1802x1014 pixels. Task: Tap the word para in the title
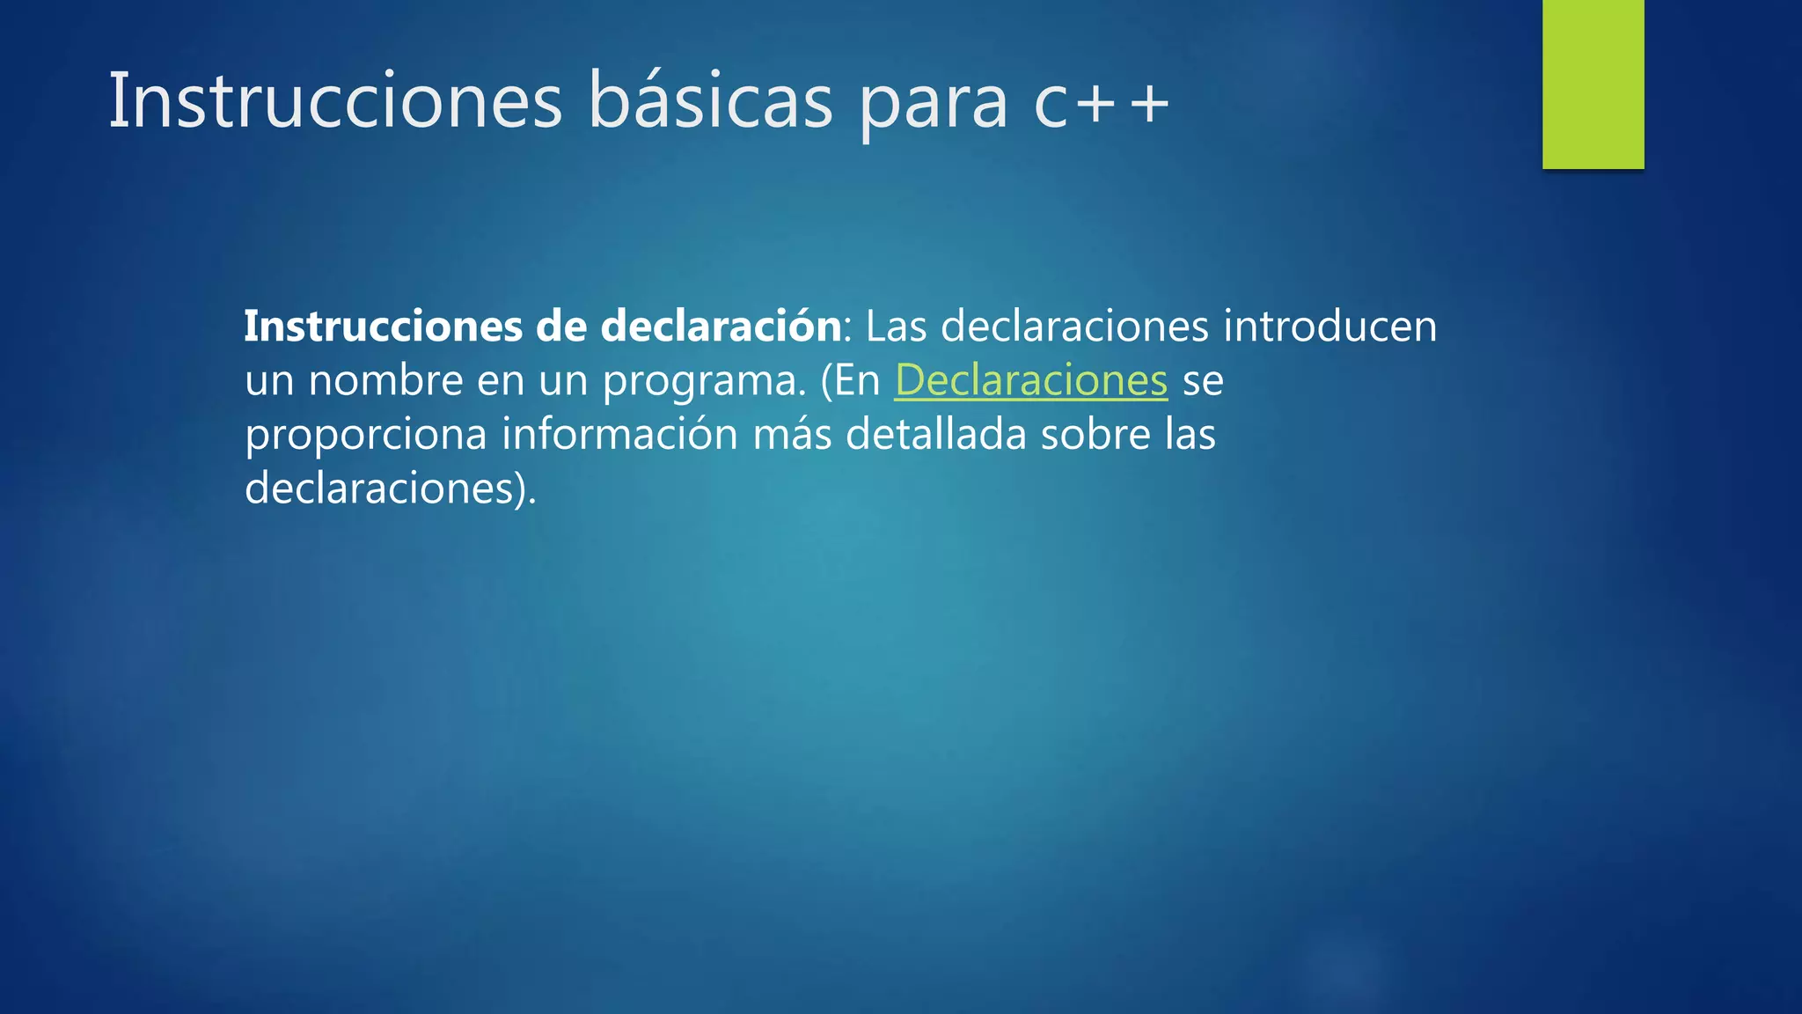pos(933,106)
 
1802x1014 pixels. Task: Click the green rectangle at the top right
pos(1593,84)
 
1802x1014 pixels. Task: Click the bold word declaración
pos(721,327)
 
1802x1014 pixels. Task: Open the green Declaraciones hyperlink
pos(1030,380)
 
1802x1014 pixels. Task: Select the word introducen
pos(1330,327)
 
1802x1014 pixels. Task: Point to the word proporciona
pos(365,436)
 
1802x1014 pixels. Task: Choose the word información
pos(619,434)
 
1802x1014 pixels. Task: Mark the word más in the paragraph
pos(792,435)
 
